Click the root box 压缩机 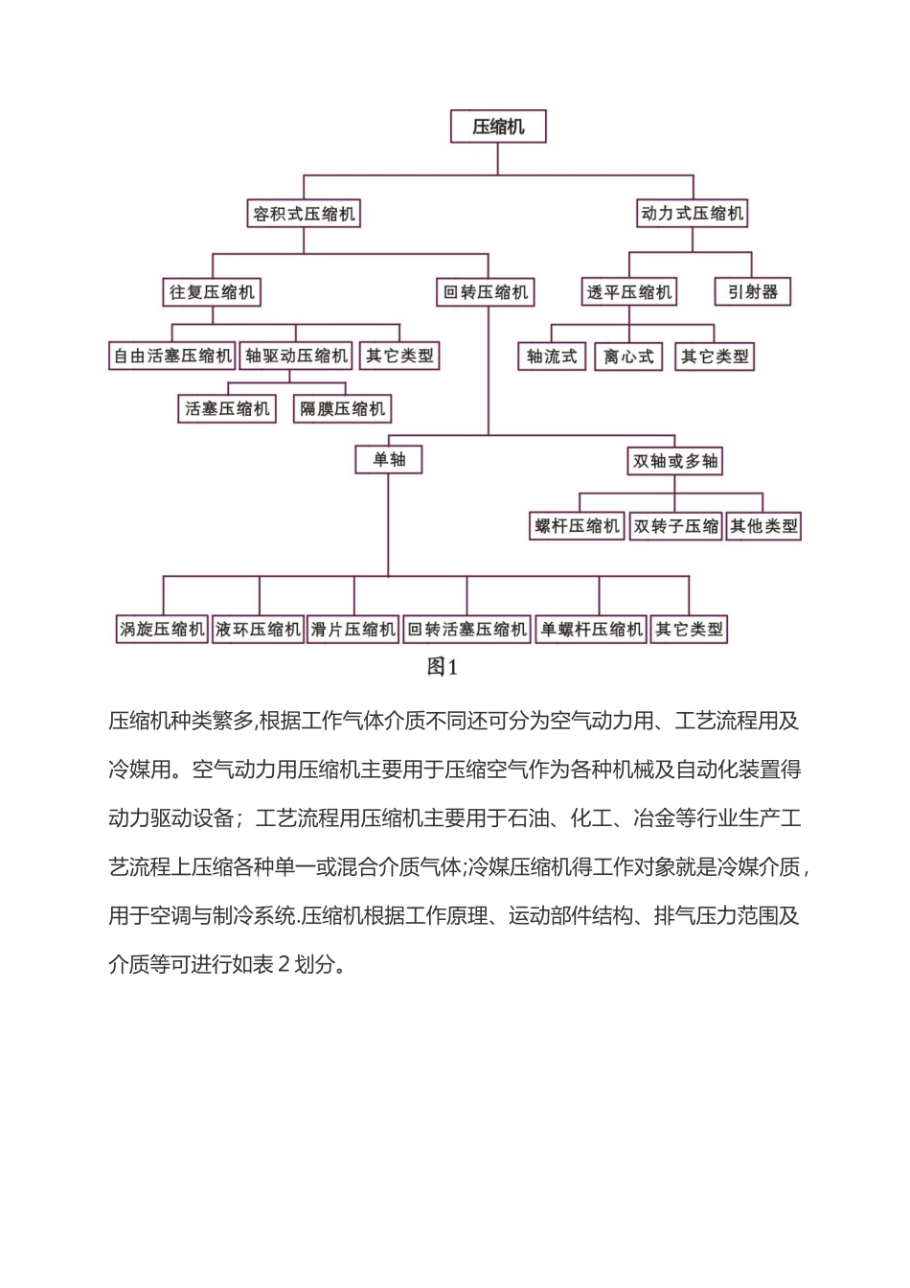click(x=498, y=126)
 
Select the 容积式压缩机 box click(x=304, y=214)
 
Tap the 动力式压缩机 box click(x=692, y=213)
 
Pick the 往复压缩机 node click(x=212, y=292)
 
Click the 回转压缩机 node click(x=486, y=292)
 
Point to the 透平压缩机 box click(x=629, y=292)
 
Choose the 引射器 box click(x=753, y=291)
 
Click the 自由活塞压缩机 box click(x=172, y=356)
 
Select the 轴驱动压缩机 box click(x=296, y=356)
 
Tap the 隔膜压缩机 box click(x=342, y=409)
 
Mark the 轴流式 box click(x=552, y=356)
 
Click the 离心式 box click(x=628, y=356)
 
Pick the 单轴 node click(x=389, y=460)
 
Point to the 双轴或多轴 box click(x=675, y=461)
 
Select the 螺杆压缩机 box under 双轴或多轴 click(x=577, y=526)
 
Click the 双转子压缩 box click(x=675, y=526)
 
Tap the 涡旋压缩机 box click(x=162, y=630)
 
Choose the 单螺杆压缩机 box click(x=591, y=630)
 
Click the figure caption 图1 click(x=443, y=667)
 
